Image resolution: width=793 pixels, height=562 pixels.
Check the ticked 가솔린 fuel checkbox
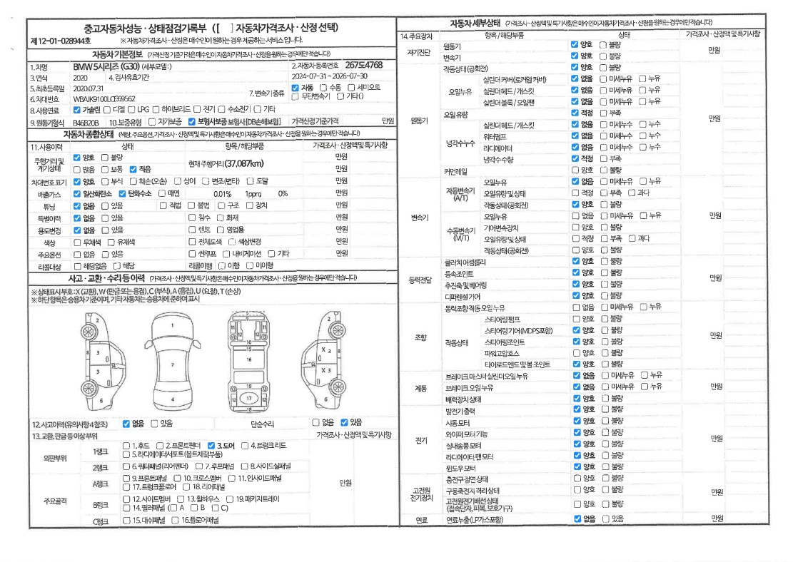(x=77, y=110)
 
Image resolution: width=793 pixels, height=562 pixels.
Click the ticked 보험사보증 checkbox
(x=192, y=121)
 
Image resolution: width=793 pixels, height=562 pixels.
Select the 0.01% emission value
(x=223, y=193)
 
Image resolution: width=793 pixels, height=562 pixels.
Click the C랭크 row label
(x=99, y=521)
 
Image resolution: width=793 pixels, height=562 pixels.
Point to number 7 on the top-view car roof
(x=173, y=364)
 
